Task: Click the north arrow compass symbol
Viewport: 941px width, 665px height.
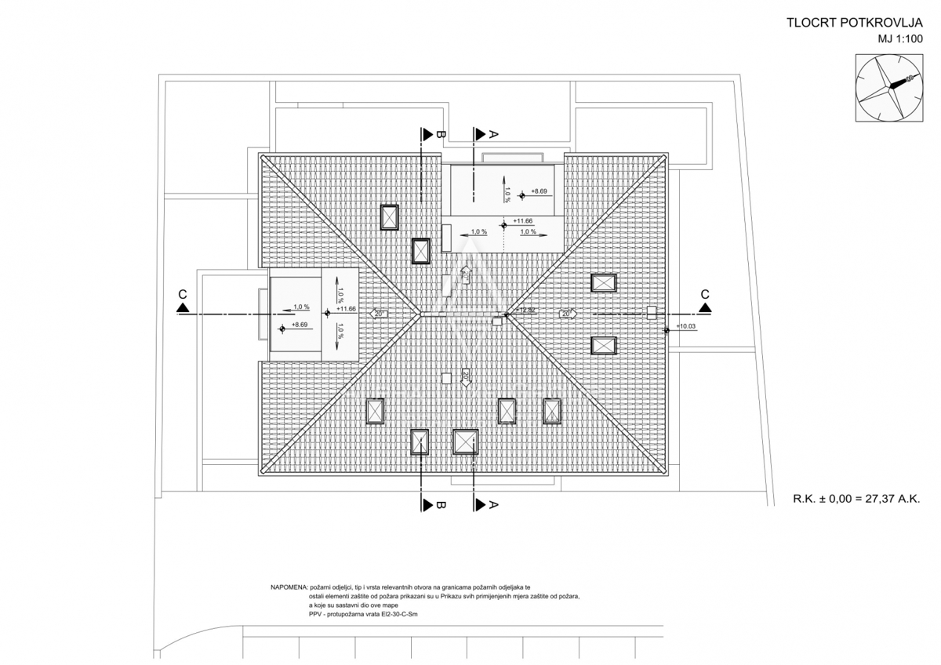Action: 888,88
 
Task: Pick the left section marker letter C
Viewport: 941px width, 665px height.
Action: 182,294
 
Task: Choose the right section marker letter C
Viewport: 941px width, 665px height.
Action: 705,294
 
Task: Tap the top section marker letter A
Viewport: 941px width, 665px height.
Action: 493,135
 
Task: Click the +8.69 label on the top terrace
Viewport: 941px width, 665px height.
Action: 539,191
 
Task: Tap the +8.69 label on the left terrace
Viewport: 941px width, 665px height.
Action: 299,325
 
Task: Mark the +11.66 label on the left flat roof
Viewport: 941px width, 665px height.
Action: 346,309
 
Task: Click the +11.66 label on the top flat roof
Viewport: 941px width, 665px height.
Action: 523,222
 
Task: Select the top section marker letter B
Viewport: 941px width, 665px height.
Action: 441,135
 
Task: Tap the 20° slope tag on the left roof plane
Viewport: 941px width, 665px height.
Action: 379,314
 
